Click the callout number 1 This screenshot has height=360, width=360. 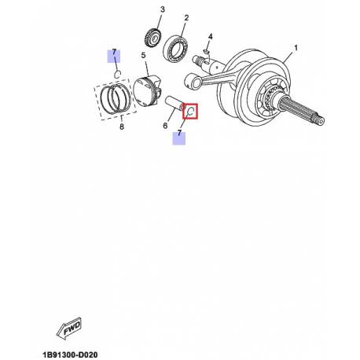point(296,48)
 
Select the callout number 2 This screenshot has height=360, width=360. point(186,18)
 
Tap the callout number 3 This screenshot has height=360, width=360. point(163,9)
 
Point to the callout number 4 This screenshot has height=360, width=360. point(210,36)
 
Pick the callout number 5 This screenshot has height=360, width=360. point(143,56)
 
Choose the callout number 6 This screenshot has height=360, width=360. point(165,126)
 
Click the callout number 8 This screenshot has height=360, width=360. point(122,127)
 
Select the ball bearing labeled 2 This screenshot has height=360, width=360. point(176,48)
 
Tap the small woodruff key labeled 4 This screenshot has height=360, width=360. point(206,51)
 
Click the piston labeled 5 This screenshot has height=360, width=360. point(147,90)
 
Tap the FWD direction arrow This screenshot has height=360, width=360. point(68,328)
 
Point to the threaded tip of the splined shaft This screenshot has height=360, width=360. point(319,120)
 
